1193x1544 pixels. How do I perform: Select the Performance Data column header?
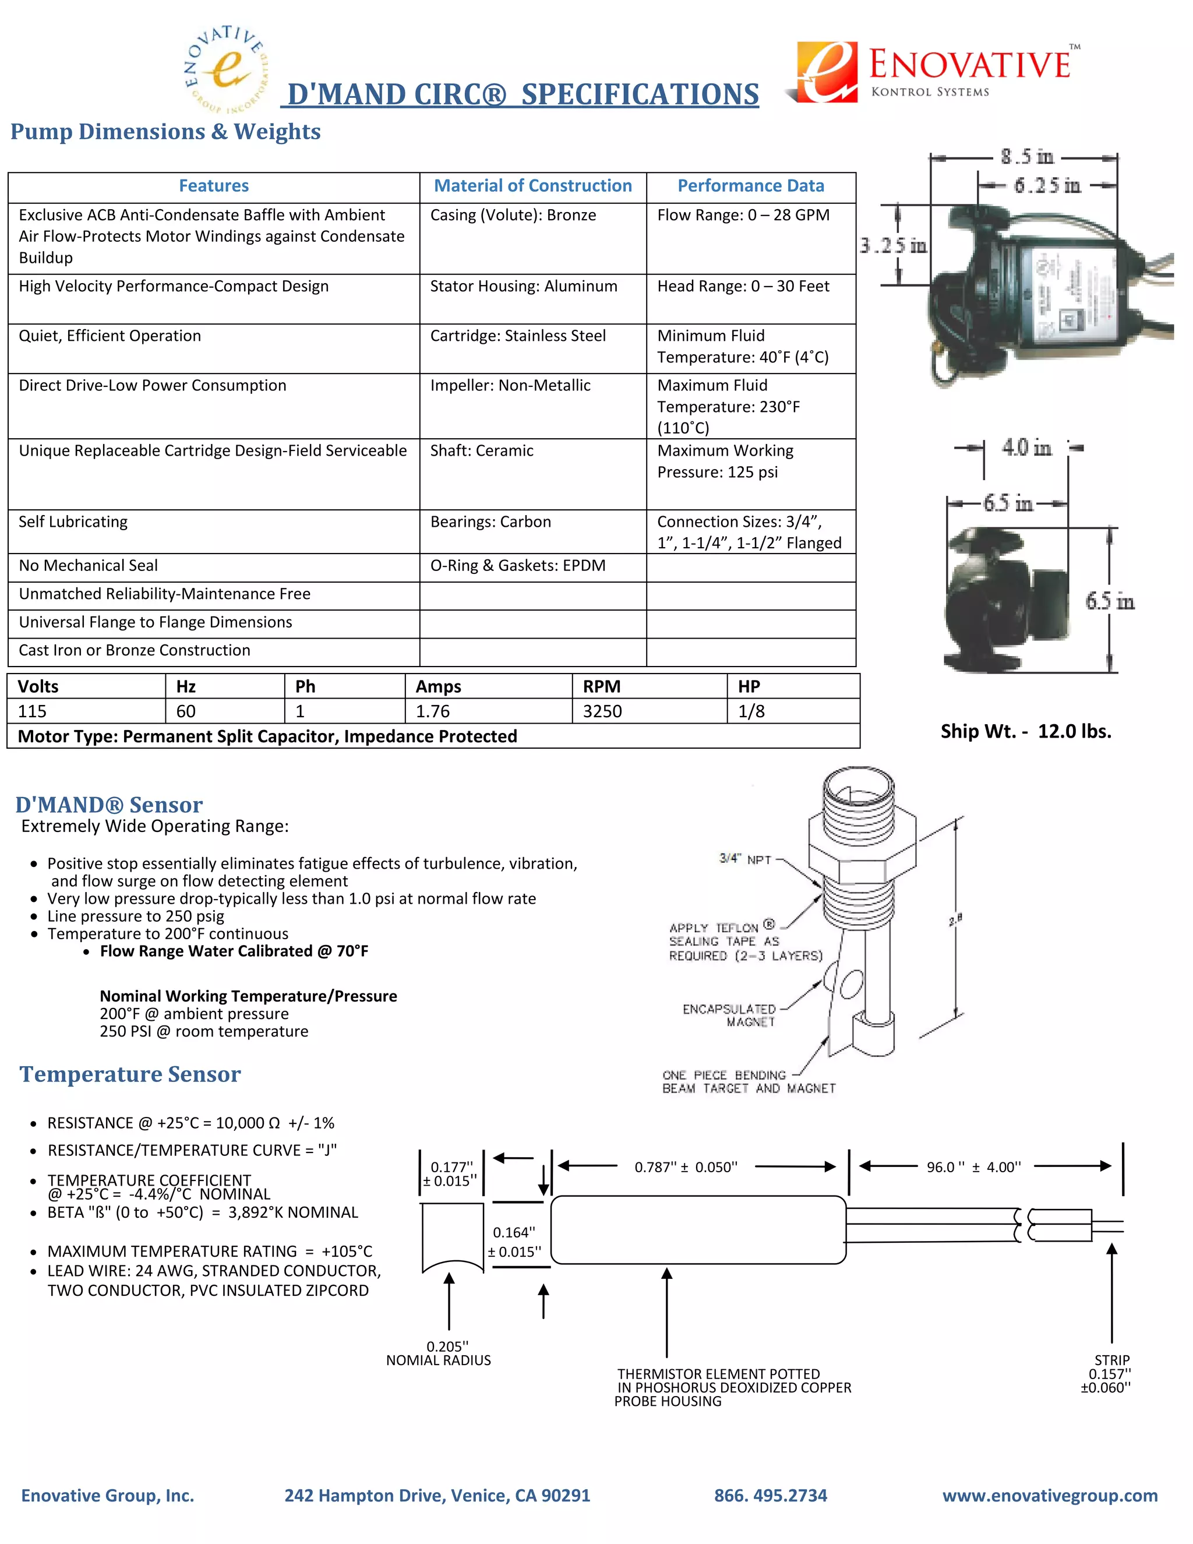coord(750,186)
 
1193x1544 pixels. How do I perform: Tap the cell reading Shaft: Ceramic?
coord(482,451)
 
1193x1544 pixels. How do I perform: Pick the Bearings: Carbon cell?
coord(490,521)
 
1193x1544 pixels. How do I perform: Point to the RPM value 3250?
coord(602,711)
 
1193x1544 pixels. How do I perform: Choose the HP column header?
coord(749,686)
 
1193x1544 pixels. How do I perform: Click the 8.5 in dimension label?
coord(1026,156)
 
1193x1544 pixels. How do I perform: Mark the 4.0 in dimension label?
coord(1026,447)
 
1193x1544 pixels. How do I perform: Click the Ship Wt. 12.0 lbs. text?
coord(1025,731)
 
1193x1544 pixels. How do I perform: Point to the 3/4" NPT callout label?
coord(745,859)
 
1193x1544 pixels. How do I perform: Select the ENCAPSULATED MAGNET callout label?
coord(729,1015)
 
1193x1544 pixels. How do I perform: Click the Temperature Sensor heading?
coord(130,1074)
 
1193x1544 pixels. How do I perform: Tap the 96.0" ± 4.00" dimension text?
coord(974,1167)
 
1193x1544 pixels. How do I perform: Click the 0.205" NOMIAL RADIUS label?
coord(439,1353)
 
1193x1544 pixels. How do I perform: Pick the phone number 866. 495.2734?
coord(770,1495)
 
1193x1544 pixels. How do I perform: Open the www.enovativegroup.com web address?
coord(1050,1495)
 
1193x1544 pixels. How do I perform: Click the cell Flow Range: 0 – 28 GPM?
coord(743,215)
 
